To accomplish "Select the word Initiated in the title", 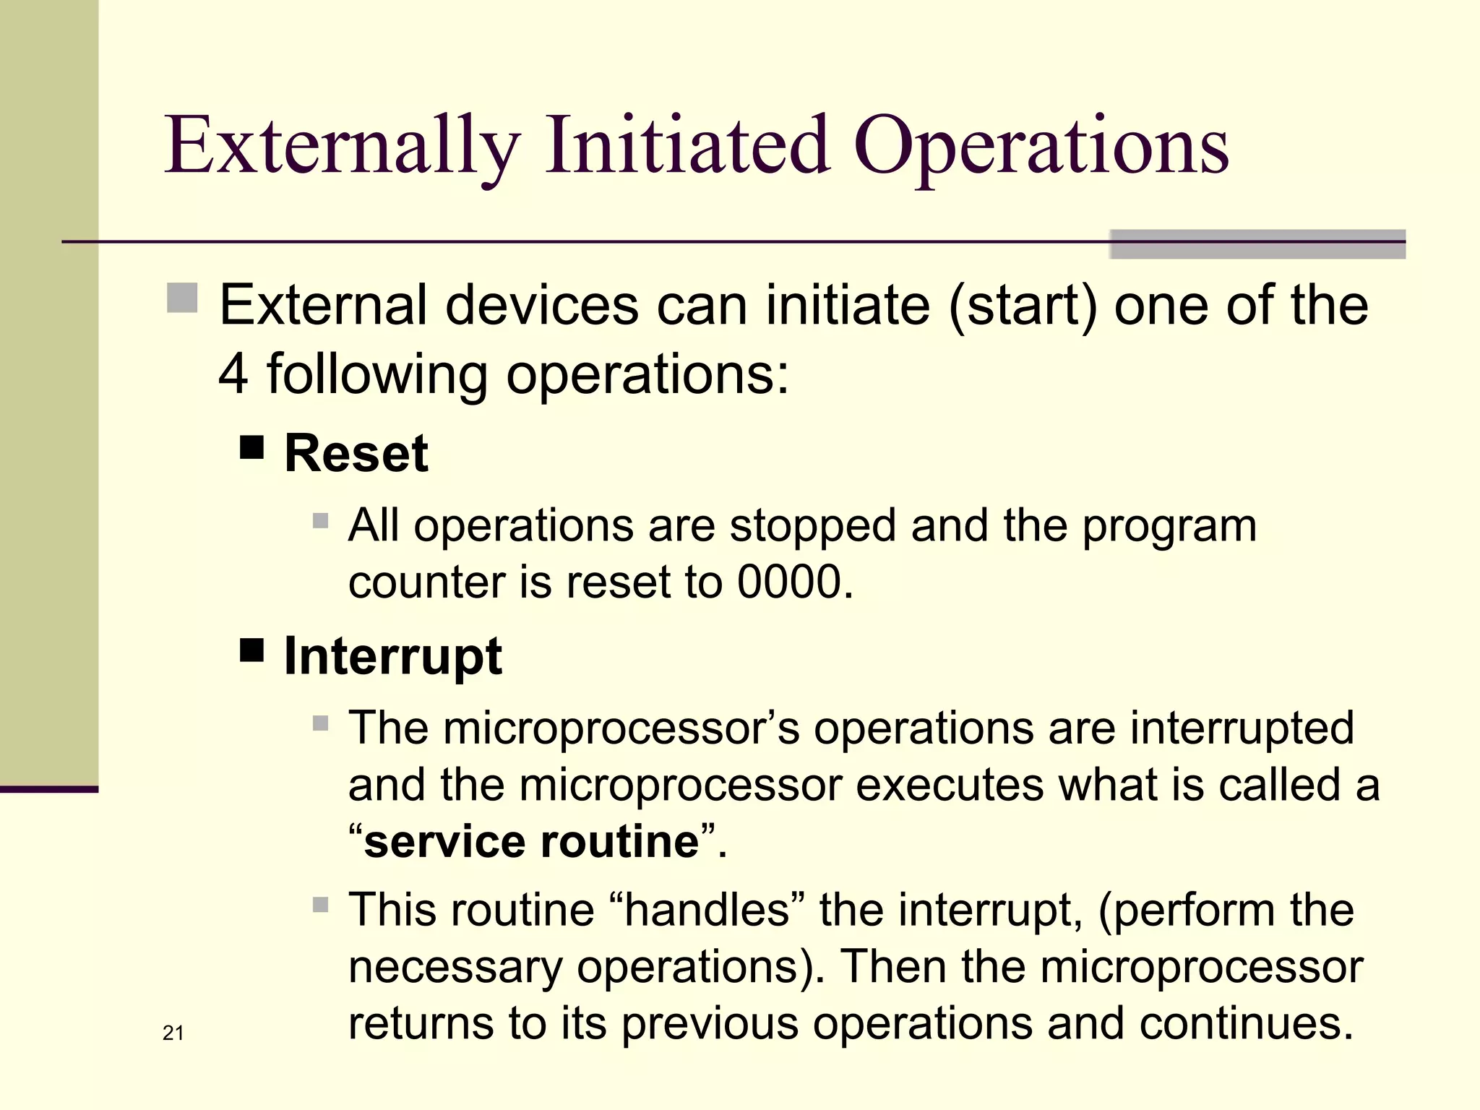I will click(x=687, y=147).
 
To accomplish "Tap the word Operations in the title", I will click(x=1041, y=147).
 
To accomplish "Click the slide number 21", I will click(x=173, y=1033).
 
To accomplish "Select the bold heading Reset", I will click(x=356, y=454).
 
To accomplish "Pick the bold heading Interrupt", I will click(x=392, y=656).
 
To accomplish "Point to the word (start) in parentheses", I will click(x=1023, y=306).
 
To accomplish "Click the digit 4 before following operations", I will click(x=233, y=374).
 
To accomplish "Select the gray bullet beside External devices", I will click(x=182, y=298).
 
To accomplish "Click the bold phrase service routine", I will click(x=531, y=842).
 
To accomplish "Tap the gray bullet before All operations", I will click(x=321, y=520).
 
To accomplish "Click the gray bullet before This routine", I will click(x=321, y=905).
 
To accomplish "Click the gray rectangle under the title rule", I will click(x=1257, y=244).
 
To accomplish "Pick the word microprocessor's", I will click(x=621, y=728).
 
